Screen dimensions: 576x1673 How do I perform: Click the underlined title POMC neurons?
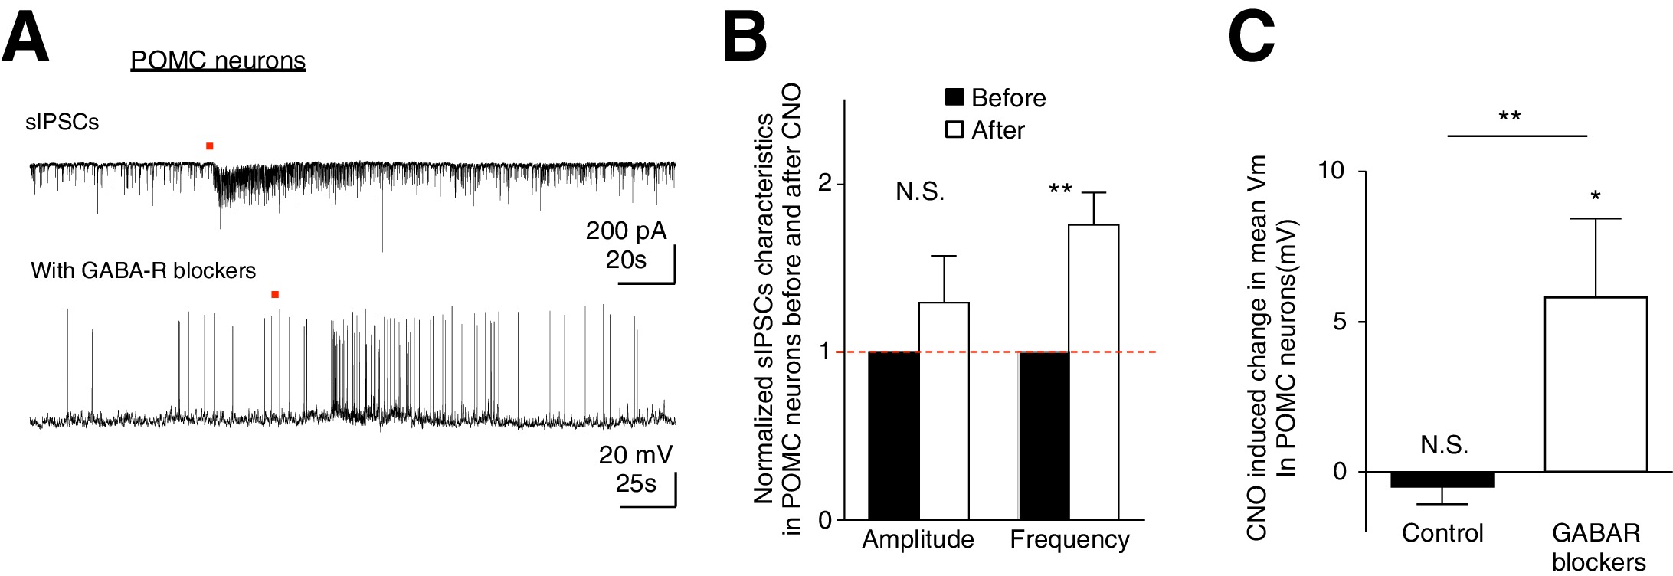[x=218, y=61]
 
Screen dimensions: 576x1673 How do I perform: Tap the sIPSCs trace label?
[x=62, y=123]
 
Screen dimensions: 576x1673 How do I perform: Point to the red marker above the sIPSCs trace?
[x=210, y=146]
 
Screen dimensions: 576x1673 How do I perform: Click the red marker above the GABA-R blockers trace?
[x=275, y=294]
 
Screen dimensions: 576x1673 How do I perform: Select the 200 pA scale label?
[x=626, y=231]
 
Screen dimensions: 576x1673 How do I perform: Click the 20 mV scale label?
[x=635, y=455]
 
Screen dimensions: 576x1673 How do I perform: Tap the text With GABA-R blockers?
[x=143, y=270]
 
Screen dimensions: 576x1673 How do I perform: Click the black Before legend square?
[x=954, y=97]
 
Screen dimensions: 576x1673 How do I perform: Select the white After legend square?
[x=954, y=129]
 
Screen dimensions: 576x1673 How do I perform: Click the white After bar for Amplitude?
[x=944, y=411]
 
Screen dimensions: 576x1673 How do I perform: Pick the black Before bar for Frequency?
[x=1044, y=435]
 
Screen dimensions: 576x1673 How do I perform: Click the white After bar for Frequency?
[x=1094, y=371]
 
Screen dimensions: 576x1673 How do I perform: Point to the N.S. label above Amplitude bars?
[x=920, y=191]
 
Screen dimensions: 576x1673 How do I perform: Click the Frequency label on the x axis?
[x=1069, y=539]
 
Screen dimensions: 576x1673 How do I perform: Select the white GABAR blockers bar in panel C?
[x=1596, y=384]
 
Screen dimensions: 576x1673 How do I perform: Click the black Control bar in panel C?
[x=1442, y=479]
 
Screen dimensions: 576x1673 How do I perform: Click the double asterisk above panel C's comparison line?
[x=1509, y=117]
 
